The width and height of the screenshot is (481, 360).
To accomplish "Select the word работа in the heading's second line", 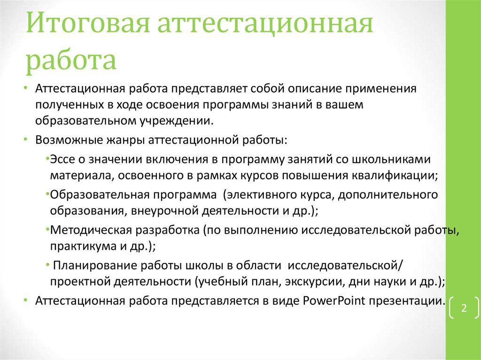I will [71, 61].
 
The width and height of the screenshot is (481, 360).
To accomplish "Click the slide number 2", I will [464, 309].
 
